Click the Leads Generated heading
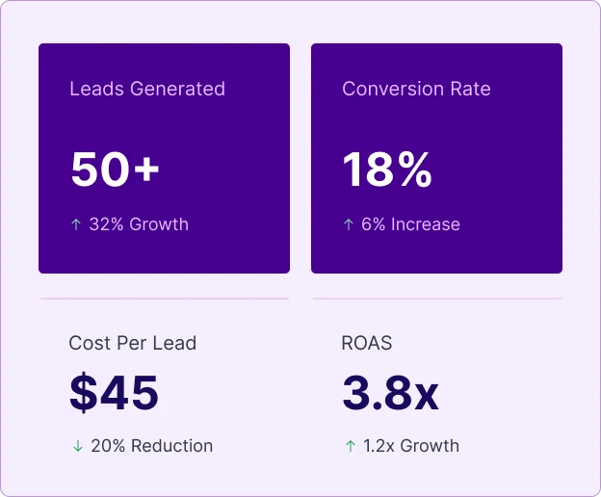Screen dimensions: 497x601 pyautogui.click(x=147, y=89)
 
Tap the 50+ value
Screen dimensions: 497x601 pyautogui.click(x=115, y=170)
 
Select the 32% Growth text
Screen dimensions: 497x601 pyautogui.click(x=139, y=224)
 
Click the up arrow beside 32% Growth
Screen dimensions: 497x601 pyautogui.click(x=76, y=224)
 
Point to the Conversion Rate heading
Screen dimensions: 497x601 pyautogui.click(x=416, y=89)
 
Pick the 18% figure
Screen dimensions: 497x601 pyautogui.click(x=387, y=170)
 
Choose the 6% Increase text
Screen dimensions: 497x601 pyautogui.click(x=410, y=224)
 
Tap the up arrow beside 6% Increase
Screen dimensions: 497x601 pyautogui.click(x=349, y=224)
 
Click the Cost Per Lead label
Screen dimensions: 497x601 pyautogui.click(x=133, y=343)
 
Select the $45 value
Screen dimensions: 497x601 pyautogui.click(x=114, y=393)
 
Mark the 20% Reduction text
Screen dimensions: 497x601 pyautogui.click(x=151, y=446)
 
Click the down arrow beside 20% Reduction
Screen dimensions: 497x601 pyautogui.click(x=77, y=446)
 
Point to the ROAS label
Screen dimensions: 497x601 pyautogui.click(x=367, y=343)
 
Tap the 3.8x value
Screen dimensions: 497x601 pyautogui.click(x=390, y=393)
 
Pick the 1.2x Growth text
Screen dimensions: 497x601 pyautogui.click(x=411, y=446)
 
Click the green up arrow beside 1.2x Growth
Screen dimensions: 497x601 pyautogui.click(x=350, y=446)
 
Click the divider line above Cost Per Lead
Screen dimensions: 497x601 pyautogui.click(x=165, y=299)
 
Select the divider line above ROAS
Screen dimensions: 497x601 pyautogui.click(x=437, y=299)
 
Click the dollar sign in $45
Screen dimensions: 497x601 pyautogui.click(x=82, y=393)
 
